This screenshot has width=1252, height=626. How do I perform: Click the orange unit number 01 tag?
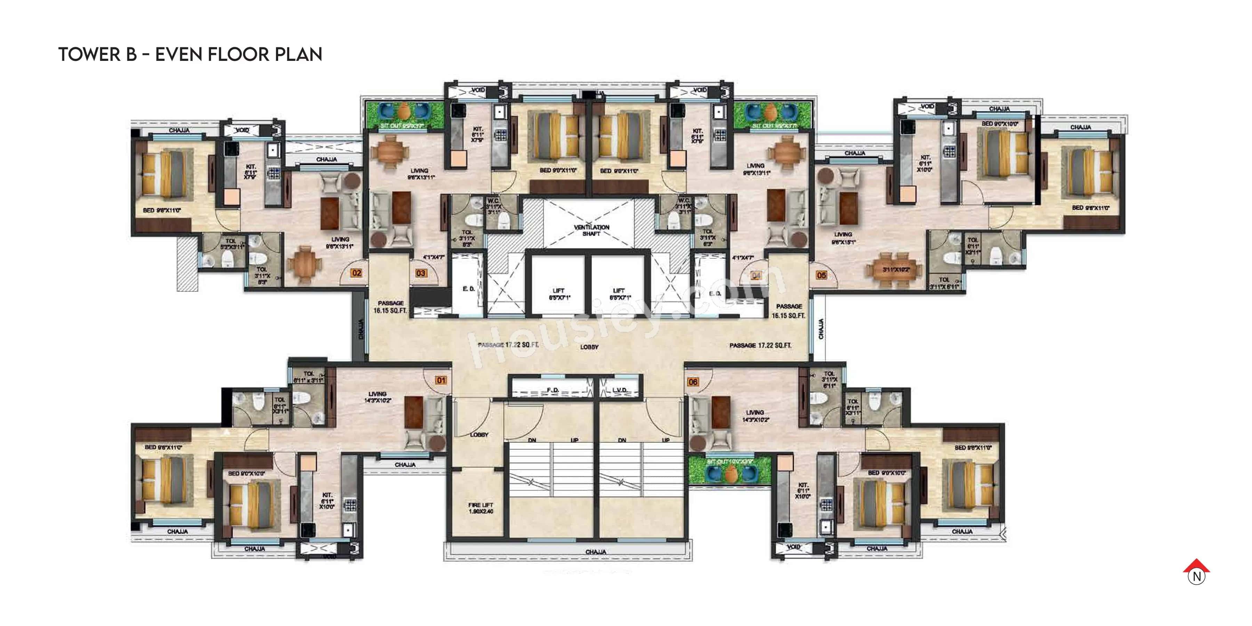(441, 380)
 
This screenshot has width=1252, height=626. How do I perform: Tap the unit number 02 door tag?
(357, 273)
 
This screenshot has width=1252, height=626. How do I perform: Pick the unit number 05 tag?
(821, 275)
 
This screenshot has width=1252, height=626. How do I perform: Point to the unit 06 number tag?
(693, 382)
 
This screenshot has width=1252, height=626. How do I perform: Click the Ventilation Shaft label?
(591, 230)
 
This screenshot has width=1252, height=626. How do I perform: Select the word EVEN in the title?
(178, 55)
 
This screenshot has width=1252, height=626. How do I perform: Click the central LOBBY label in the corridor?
(589, 347)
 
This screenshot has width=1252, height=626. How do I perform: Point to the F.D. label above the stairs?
(552, 390)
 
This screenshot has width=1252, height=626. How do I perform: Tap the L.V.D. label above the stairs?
(620, 390)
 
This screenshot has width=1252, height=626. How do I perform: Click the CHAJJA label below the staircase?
(595, 552)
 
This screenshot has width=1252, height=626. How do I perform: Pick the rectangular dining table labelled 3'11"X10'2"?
(895, 270)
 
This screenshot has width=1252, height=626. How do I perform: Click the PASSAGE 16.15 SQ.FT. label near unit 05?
(788, 311)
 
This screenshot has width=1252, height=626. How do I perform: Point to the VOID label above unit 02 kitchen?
(242, 130)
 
